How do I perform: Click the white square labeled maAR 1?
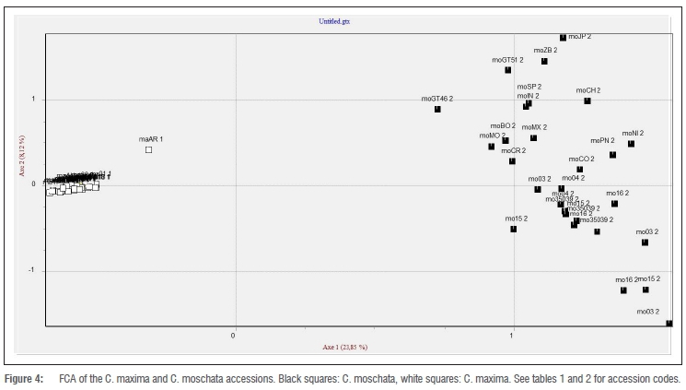(x=148, y=149)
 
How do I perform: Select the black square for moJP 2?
(x=564, y=38)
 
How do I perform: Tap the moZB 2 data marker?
(x=544, y=61)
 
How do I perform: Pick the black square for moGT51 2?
(x=507, y=70)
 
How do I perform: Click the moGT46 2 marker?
(x=437, y=109)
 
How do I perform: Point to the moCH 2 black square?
(x=587, y=100)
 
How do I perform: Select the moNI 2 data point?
(x=631, y=144)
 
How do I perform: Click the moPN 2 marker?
(x=612, y=155)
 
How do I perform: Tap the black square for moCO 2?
(x=580, y=170)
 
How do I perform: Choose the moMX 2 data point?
(x=533, y=138)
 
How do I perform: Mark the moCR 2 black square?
(x=512, y=161)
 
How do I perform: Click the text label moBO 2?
(x=503, y=125)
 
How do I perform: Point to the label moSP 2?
(x=529, y=86)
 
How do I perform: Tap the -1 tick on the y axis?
(x=34, y=270)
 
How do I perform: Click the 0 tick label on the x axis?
(x=234, y=334)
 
